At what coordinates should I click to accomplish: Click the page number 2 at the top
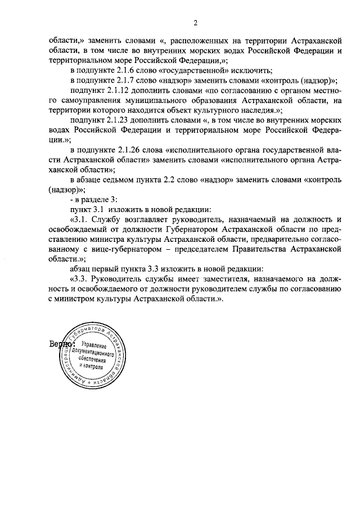(195, 23)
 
